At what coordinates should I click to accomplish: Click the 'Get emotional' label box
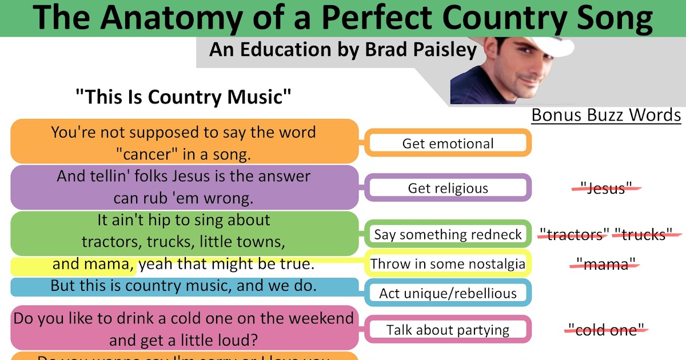(x=448, y=143)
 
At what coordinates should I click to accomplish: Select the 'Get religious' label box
(x=448, y=188)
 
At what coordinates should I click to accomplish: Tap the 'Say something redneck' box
(x=448, y=234)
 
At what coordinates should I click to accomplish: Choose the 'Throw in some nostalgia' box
(x=448, y=263)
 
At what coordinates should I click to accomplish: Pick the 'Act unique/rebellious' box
(x=448, y=293)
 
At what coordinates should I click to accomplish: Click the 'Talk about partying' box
(x=448, y=330)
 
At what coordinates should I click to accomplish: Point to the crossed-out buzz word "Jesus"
(x=606, y=188)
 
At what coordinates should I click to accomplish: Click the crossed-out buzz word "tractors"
(x=573, y=234)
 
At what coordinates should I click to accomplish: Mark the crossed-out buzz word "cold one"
(x=606, y=329)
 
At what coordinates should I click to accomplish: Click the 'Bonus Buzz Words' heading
(x=606, y=115)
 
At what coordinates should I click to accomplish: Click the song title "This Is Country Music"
(x=184, y=97)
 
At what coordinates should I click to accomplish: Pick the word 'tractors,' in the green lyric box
(x=111, y=241)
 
